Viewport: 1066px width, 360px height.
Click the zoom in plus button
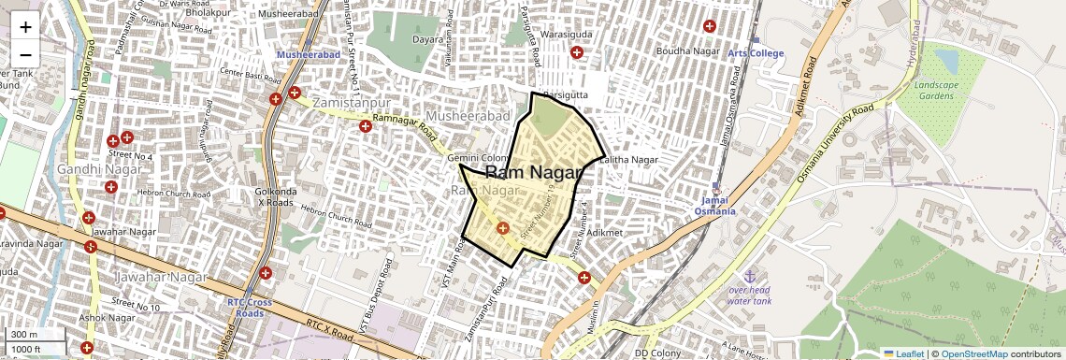tap(25, 26)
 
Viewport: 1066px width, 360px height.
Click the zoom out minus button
tap(25, 54)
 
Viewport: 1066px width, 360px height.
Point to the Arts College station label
tap(756, 53)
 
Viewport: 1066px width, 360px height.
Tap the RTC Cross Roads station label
tap(249, 308)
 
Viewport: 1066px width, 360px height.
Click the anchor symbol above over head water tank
tap(749, 276)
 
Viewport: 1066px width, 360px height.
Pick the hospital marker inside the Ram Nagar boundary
tap(502, 227)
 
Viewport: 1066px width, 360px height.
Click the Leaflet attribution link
tap(903, 353)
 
